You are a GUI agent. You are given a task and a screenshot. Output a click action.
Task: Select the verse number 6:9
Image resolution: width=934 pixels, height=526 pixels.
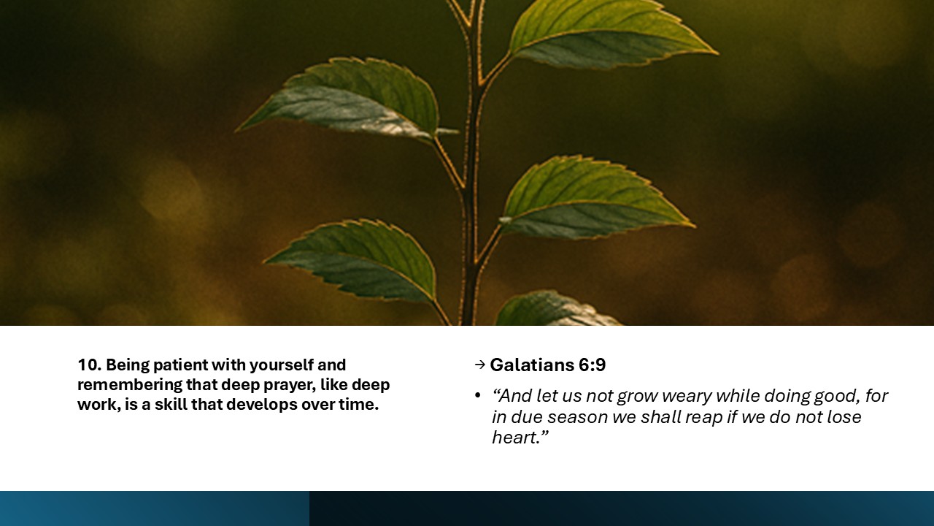point(590,365)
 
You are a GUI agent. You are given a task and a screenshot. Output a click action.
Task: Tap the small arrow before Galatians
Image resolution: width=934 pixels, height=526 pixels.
point(479,365)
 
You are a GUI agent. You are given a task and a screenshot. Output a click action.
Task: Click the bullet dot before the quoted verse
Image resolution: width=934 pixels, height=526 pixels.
point(478,396)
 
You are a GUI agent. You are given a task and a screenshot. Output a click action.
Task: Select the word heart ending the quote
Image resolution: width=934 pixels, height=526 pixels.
point(515,437)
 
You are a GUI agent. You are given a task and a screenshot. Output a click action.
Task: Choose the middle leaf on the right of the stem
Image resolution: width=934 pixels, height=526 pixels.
point(591,197)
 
